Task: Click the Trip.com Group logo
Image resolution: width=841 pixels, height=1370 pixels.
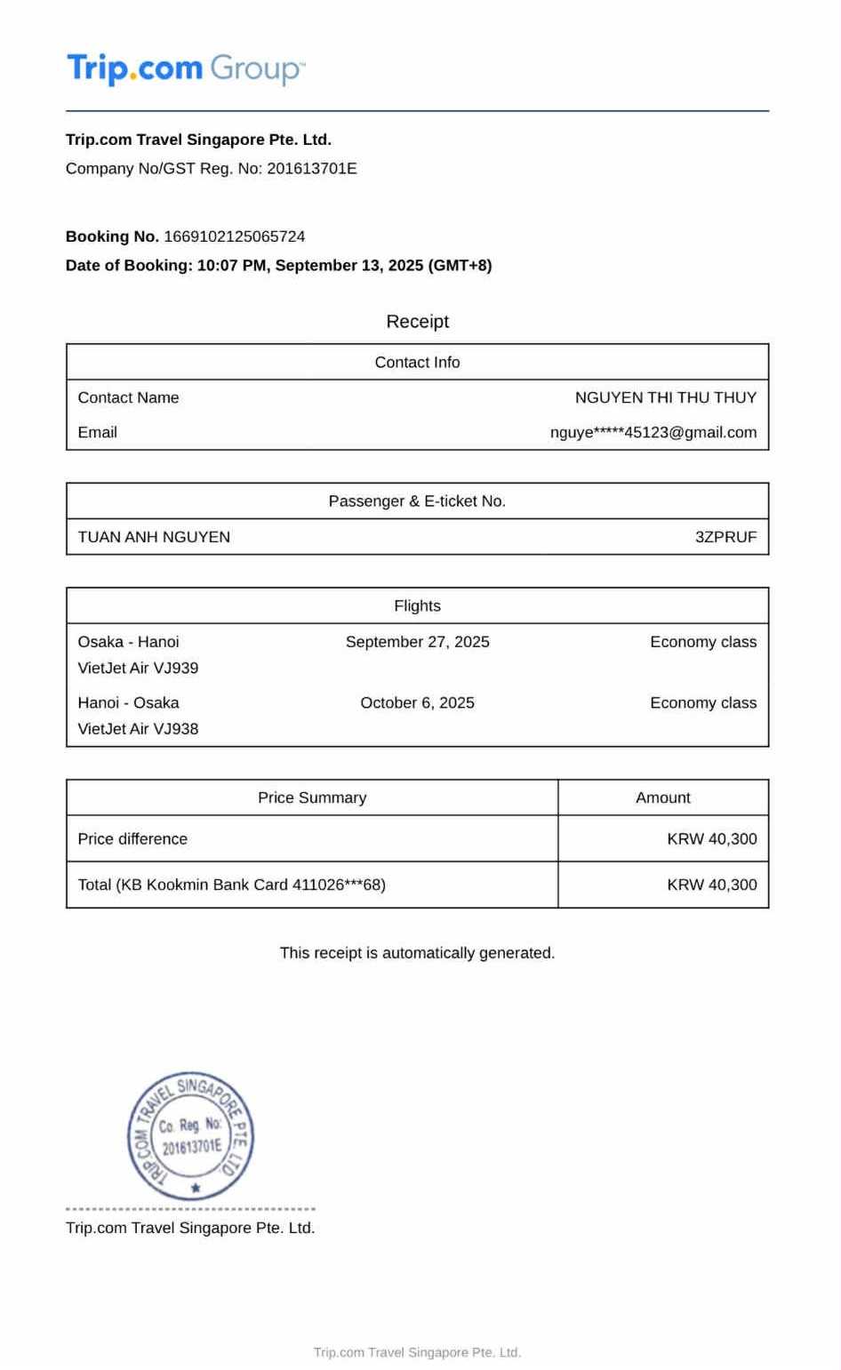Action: click(x=186, y=68)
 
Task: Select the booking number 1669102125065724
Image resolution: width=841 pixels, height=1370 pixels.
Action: click(x=235, y=236)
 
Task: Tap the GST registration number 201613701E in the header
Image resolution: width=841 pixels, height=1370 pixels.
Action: click(x=312, y=169)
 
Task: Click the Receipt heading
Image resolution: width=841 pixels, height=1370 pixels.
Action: click(x=417, y=322)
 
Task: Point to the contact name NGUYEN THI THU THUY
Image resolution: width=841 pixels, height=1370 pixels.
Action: click(x=665, y=397)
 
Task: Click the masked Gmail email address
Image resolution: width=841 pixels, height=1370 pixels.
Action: click(x=653, y=433)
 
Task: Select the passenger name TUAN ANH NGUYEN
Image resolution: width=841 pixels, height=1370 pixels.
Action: click(x=154, y=537)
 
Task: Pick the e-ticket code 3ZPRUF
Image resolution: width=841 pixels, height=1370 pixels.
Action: click(x=725, y=537)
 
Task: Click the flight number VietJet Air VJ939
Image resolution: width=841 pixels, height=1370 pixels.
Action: click(x=138, y=668)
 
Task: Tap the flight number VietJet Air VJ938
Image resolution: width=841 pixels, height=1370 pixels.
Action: click(x=138, y=729)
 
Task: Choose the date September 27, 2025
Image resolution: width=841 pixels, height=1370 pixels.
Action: click(x=417, y=642)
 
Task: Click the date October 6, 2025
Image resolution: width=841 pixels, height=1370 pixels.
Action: click(x=417, y=703)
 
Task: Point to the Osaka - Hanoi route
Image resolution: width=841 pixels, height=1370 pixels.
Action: click(x=128, y=642)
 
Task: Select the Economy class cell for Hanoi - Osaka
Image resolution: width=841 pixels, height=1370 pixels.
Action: click(x=703, y=703)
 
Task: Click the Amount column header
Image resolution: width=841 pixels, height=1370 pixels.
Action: click(x=662, y=798)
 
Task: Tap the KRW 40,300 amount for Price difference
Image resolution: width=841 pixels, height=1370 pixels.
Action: click(x=711, y=839)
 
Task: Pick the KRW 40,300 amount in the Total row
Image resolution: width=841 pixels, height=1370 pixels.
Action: click(x=711, y=885)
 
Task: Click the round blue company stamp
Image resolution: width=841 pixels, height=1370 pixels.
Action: click(x=191, y=1135)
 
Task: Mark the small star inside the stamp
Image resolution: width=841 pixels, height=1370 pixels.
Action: click(x=196, y=1188)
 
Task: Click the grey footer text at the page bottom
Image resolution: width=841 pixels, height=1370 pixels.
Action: click(x=417, y=1352)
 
